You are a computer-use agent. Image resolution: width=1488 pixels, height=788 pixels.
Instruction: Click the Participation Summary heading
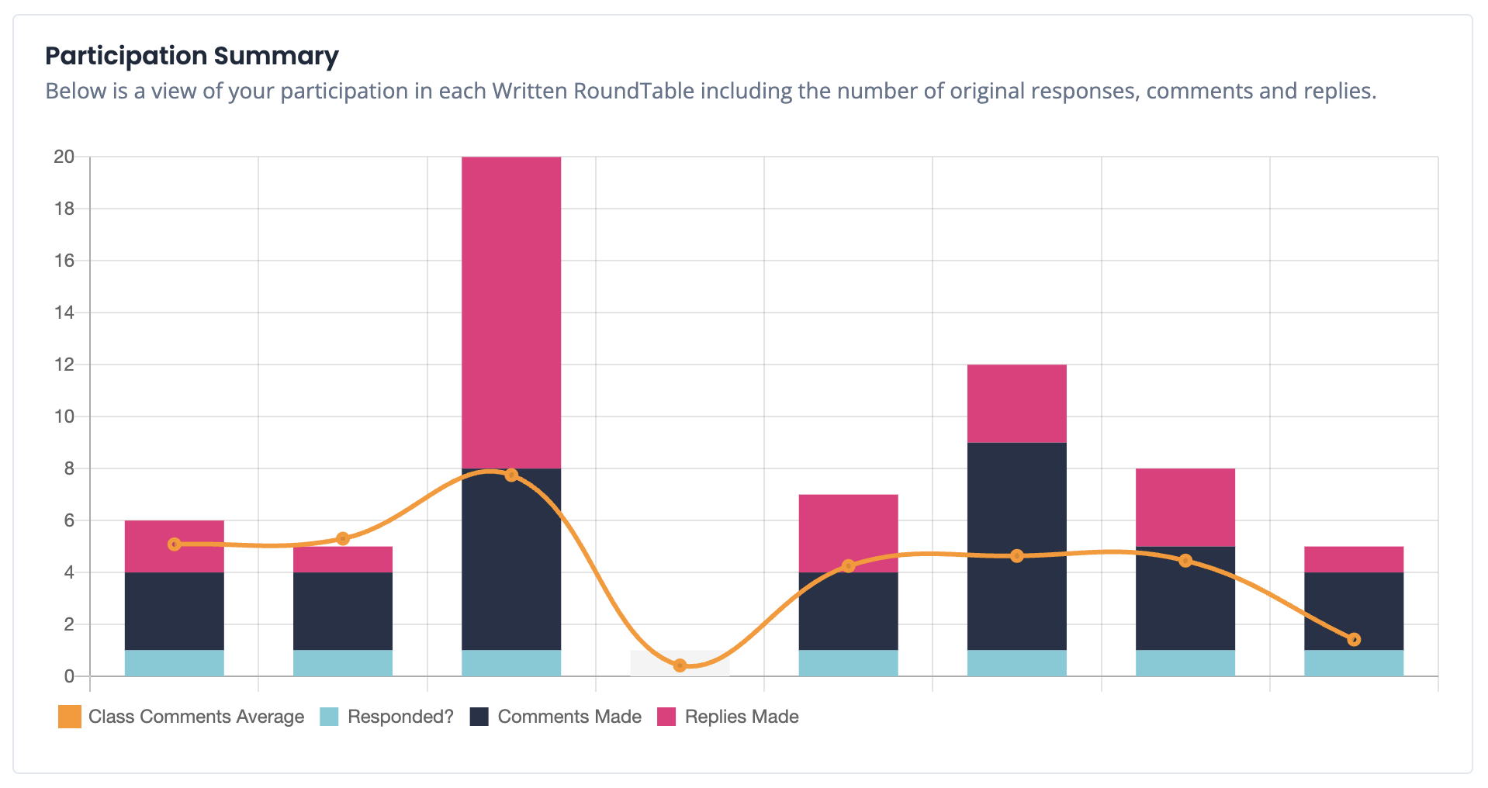pos(192,56)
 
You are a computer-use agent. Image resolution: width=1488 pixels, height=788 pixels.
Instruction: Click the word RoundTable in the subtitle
pos(633,91)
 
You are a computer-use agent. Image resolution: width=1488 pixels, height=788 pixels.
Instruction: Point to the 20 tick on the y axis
pos(64,157)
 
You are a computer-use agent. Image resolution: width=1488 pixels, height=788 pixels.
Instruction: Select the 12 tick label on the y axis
pos(64,365)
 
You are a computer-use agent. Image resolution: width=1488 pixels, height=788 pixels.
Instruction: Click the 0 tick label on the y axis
pos(69,676)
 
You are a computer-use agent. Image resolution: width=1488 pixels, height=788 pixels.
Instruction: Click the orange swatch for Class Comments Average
pos(70,717)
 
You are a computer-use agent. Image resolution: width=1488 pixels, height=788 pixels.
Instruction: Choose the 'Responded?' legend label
pos(400,717)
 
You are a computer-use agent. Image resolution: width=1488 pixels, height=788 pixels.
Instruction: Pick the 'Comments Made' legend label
pos(569,717)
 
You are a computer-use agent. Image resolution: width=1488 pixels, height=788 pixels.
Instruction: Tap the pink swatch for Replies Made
pos(666,717)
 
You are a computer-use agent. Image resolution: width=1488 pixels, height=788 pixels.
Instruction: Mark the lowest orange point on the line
pos(680,665)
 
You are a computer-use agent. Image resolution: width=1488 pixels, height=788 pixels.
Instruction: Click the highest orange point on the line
pos(511,475)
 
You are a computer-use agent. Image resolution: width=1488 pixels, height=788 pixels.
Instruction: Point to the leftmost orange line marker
pos(175,544)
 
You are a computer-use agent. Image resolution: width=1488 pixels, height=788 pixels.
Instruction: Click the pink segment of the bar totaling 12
pos(1016,403)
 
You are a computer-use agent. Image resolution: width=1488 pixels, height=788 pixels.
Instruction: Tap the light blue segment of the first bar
pos(175,663)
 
